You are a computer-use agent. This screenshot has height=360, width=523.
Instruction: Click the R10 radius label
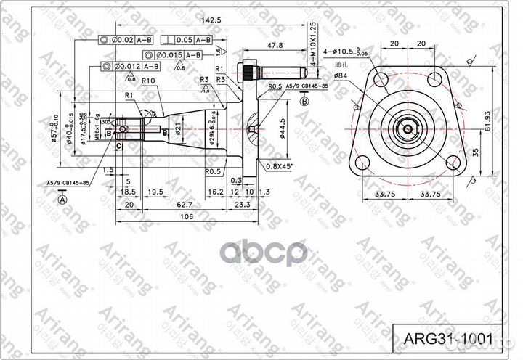[150, 81]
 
